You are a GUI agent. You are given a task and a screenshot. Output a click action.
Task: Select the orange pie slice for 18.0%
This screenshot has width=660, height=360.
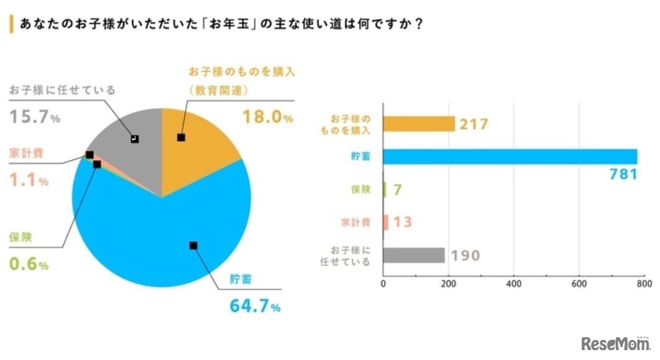[x=199, y=142]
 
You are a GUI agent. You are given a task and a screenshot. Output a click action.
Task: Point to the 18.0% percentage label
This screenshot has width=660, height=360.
[x=267, y=118]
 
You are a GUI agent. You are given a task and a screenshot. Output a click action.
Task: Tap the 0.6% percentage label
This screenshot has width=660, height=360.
[x=28, y=265]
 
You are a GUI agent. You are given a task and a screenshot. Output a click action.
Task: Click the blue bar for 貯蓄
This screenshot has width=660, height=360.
[x=509, y=157]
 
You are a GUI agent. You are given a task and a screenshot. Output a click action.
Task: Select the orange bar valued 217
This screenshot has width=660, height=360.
[x=418, y=124]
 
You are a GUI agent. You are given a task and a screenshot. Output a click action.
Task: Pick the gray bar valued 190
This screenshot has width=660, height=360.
[x=413, y=255]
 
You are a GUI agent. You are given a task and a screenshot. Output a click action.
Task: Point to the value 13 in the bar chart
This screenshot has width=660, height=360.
[x=402, y=222]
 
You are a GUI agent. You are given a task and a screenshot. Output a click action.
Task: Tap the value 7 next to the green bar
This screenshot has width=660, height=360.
[x=399, y=189]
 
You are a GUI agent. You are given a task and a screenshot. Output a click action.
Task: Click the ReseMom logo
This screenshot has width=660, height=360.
[x=616, y=344]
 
